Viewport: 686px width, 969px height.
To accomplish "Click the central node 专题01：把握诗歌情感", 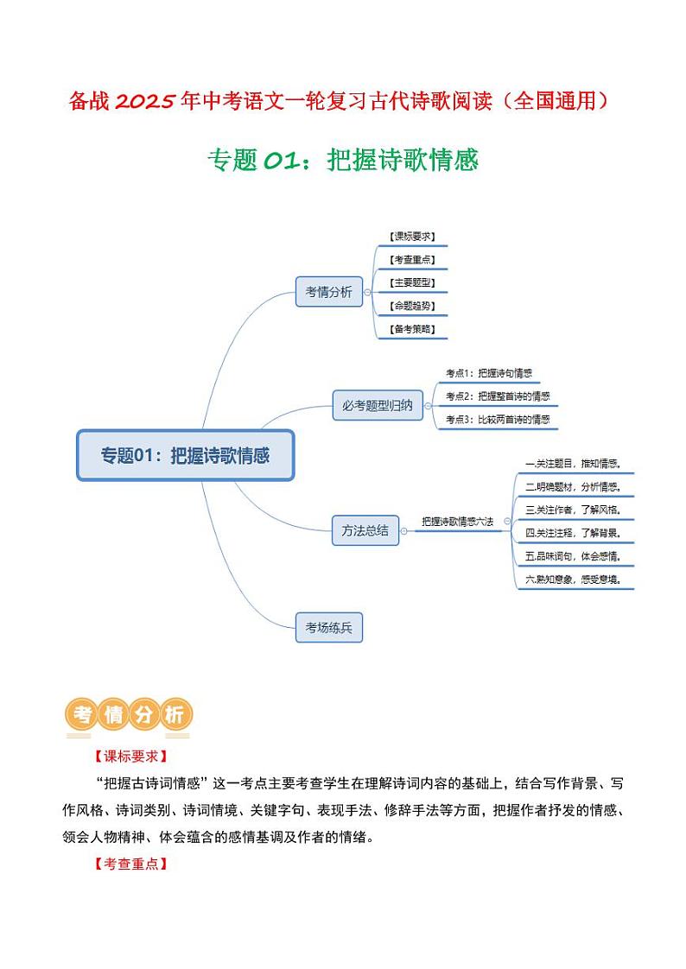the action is [x=186, y=454].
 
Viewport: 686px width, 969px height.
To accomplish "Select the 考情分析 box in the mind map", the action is [x=328, y=292].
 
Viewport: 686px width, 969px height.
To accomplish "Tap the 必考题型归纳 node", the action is [x=378, y=405].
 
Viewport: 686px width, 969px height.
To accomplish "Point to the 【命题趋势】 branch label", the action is [x=412, y=306].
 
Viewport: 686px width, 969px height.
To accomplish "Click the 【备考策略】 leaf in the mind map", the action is [x=412, y=329].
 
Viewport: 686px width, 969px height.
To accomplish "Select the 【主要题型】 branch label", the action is [x=412, y=282].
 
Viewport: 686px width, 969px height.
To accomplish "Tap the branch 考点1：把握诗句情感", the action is [x=488, y=374].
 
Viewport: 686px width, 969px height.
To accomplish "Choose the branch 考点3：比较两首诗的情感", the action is [x=497, y=419].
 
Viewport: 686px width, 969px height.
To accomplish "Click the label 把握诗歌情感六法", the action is [x=457, y=522].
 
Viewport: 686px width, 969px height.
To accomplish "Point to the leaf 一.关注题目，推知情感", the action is [x=574, y=464].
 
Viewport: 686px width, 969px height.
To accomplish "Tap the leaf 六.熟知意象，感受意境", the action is [x=574, y=579].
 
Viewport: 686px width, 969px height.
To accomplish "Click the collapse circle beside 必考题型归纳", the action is [x=429, y=405].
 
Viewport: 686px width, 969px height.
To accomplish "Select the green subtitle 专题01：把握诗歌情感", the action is [x=343, y=161].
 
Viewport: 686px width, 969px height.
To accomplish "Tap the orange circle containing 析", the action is [x=175, y=715].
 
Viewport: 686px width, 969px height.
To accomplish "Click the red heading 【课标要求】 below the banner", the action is [x=129, y=756].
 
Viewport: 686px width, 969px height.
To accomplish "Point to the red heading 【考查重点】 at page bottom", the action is [x=129, y=864].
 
